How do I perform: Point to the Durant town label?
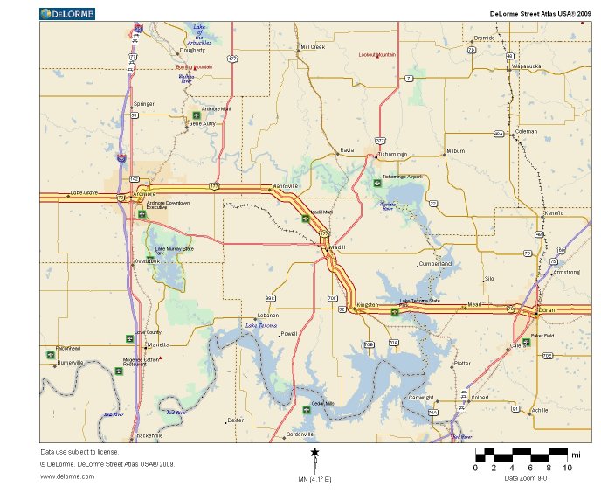point(549,310)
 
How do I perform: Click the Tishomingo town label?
point(392,154)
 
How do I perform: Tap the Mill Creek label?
point(313,47)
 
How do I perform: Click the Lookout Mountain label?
point(377,54)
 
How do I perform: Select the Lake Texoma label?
point(261,325)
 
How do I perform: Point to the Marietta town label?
point(158,345)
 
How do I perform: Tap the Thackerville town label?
point(148,435)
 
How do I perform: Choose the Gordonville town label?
point(300,434)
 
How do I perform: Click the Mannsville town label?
point(286,186)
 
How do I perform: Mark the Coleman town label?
point(527,131)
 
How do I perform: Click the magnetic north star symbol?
point(314,452)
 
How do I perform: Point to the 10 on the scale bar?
point(567,468)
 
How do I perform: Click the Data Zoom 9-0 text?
point(526,478)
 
